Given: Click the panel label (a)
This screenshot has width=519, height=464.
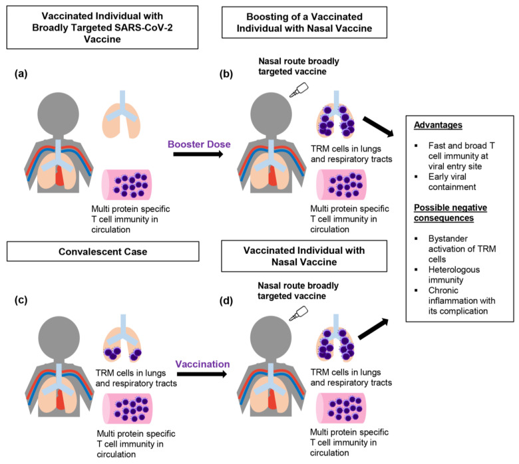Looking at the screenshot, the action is tap(21, 74).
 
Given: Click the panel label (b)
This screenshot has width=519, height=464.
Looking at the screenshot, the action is tap(226, 74).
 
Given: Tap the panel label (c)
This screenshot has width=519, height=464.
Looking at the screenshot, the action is tap(21, 300).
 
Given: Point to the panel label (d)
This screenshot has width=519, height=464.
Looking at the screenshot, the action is tap(226, 301).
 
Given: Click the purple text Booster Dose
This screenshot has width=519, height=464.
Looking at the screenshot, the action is tap(199, 144).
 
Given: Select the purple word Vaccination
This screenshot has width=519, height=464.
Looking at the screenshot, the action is tap(202, 364).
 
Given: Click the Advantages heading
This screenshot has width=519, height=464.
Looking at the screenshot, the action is tap(438, 125).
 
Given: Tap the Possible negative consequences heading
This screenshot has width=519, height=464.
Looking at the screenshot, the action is tap(450, 213).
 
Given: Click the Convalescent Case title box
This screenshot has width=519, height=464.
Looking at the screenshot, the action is tap(103, 251).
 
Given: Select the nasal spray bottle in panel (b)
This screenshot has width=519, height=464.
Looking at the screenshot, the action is tap(299, 90).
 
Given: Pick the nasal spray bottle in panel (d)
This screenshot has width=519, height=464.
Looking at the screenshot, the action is tap(299, 313).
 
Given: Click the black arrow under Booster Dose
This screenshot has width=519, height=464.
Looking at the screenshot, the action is tap(198, 154).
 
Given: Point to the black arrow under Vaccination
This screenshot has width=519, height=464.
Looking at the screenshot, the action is tap(202, 374).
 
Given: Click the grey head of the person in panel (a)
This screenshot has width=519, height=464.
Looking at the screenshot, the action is tap(59, 114).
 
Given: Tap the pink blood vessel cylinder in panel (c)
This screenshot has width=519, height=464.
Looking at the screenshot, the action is tap(128, 409).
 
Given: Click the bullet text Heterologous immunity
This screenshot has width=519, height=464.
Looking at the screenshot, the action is tap(454, 275).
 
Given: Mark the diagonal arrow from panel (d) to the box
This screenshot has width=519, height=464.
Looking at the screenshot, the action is tap(373, 329).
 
